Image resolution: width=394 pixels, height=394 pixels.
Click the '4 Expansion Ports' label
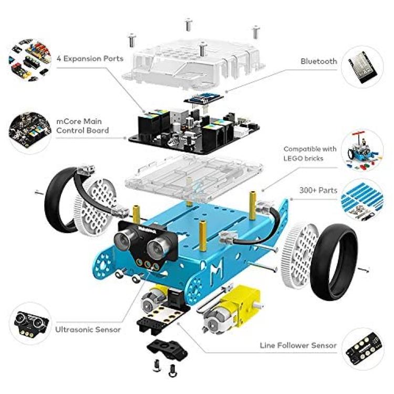(x=90, y=58)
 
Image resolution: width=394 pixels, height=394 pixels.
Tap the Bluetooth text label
(x=319, y=61)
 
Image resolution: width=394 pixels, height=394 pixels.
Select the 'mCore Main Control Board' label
(x=82, y=126)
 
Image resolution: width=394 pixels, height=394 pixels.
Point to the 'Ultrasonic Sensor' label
(x=88, y=329)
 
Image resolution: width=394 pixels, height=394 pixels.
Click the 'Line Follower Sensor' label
(x=298, y=345)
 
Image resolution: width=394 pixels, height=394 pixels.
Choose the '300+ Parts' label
(x=318, y=190)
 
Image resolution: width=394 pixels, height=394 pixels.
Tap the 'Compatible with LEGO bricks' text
(x=310, y=153)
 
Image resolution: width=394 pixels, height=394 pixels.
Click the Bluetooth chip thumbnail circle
(x=362, y=67)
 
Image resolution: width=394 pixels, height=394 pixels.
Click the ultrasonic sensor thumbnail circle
(x=30, y=324)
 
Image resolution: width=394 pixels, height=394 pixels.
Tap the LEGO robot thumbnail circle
(x=362, y=150)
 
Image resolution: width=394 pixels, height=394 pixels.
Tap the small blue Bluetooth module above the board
(x=203, y=99)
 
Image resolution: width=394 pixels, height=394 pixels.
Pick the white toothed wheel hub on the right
(x=299, y=255)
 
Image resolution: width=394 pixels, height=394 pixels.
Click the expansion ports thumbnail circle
(x=30, y=59)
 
